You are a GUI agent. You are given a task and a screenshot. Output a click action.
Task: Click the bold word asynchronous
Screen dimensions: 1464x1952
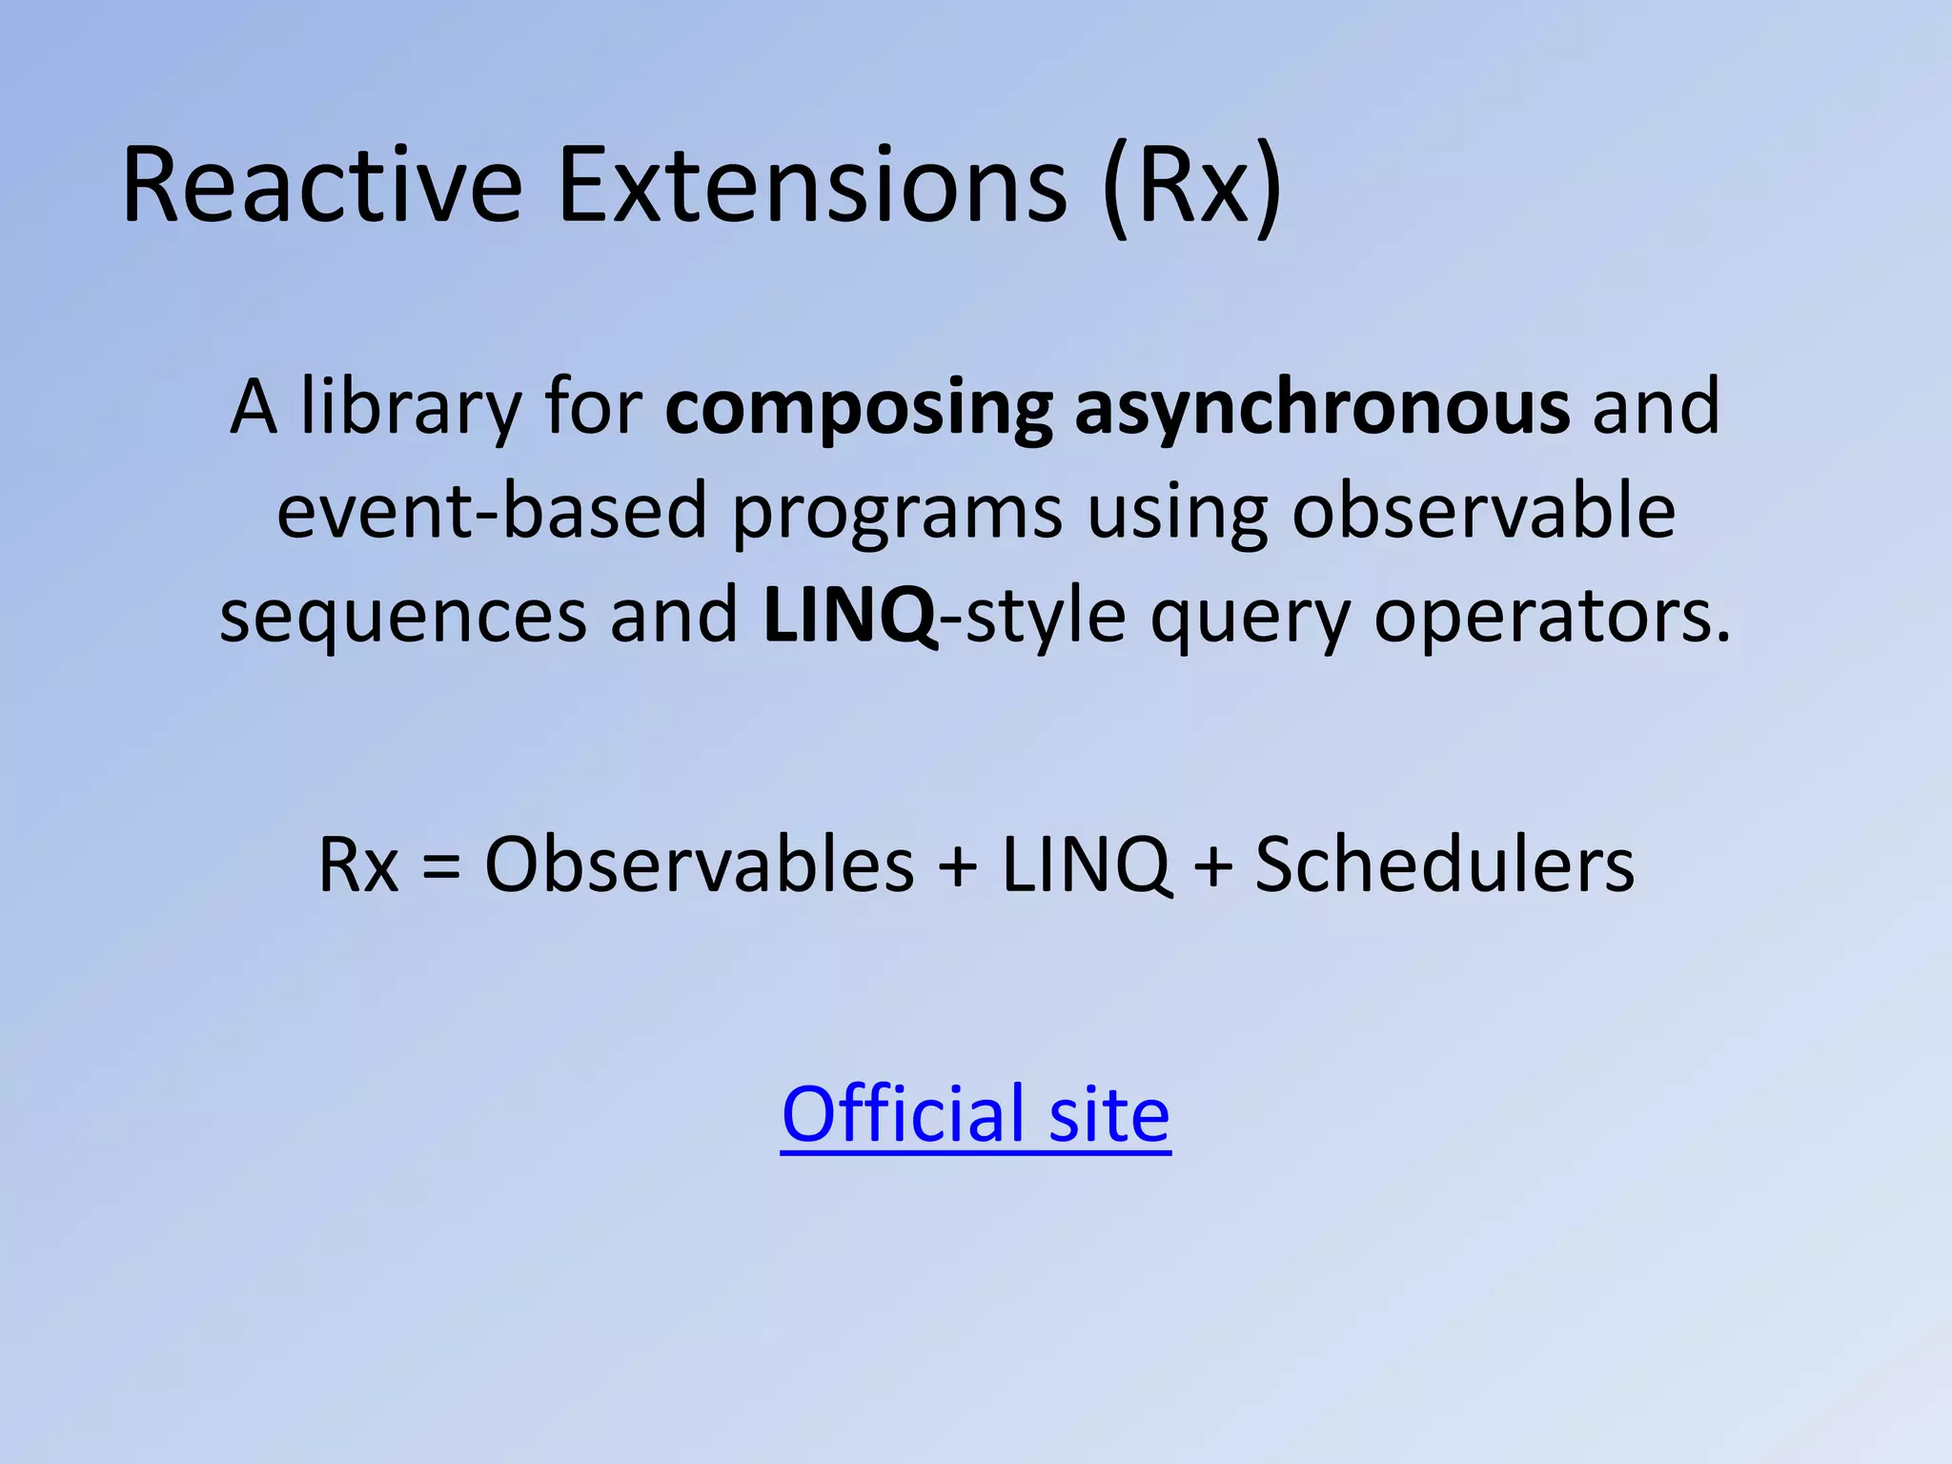point(1322,409)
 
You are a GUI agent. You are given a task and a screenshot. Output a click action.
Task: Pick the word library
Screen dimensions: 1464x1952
point(411,407)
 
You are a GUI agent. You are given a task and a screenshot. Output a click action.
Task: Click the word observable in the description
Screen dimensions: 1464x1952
point(1483,512)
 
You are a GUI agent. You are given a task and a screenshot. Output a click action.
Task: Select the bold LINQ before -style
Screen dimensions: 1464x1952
point(849,617)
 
